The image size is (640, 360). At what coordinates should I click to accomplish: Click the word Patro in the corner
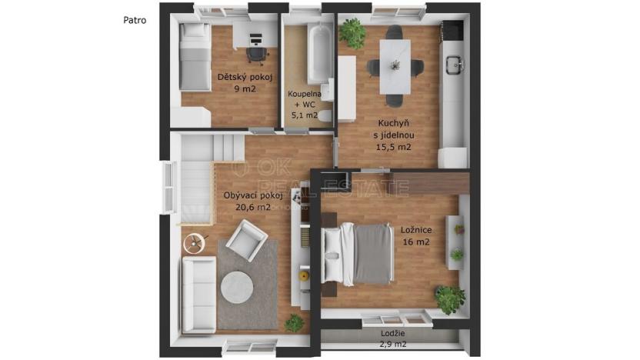pyautogui.click(x=135, y=21)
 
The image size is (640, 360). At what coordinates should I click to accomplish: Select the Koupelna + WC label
pyautogui.click(x=304, y=105)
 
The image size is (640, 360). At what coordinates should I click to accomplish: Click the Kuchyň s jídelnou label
pyautogui.click(x=394, y=134)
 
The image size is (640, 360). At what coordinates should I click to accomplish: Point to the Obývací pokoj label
pyautogui.click(x=247, y=202)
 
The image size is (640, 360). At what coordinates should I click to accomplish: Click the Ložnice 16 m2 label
pyautogui.click(x=415, y=235)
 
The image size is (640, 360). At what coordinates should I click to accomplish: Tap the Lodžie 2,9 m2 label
pyautogui.click(x=394, y=338)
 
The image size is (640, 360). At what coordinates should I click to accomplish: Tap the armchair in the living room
pyautogui.click(x=249, y=241)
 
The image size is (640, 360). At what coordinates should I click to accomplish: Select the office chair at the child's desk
pyautogui.click(x=256, y=53)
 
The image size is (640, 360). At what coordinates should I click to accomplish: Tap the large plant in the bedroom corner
pyautogui.click(x=449, y=298)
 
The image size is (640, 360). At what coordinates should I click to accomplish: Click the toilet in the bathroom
pyautogui.click(x=325, y=116)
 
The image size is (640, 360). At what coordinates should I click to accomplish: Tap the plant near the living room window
pyautogui.click(x=294, y=323)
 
